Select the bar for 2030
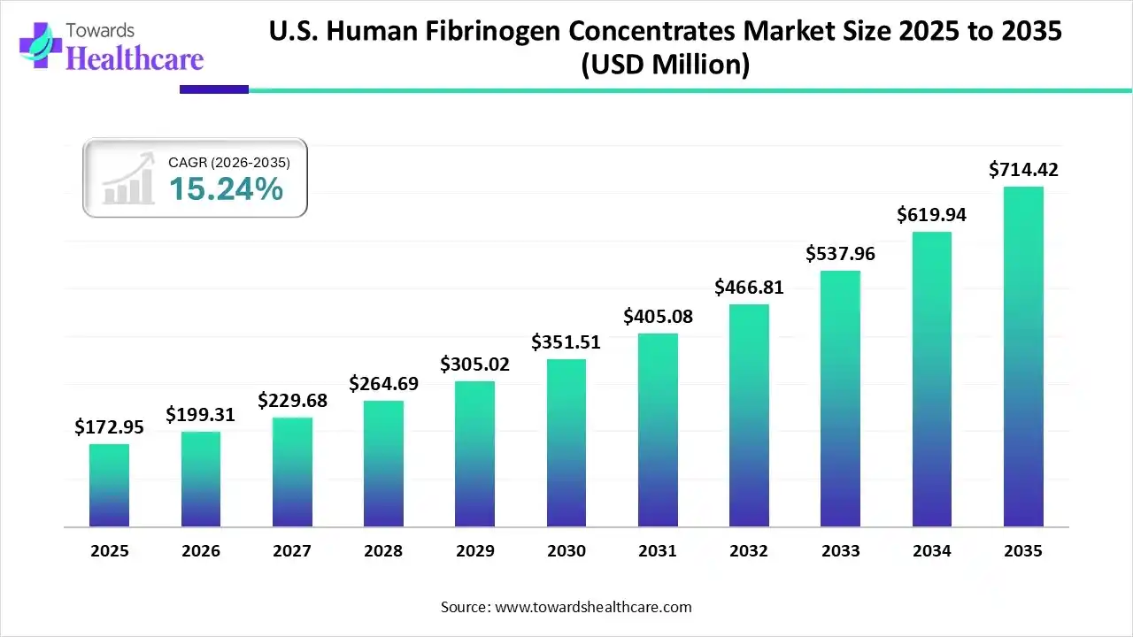tap(566, 442)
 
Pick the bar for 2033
tap(840, 398)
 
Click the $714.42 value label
tap(1023, 169)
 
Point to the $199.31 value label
tap(201, 414)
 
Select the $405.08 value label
tap(658, 316)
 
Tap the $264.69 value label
tap(383, 383)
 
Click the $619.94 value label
tap(931, 214)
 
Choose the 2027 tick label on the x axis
tap(292, 551)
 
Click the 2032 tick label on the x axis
tap(749, 551)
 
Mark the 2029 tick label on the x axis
tap(474, 551)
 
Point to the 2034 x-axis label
tap(931, 551)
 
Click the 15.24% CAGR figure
tap(226, 188)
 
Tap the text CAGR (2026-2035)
tap(228, 162)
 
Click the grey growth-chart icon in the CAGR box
tap(127, 180)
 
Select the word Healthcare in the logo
tap(135, 58)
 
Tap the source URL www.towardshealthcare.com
tap(592, 607)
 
